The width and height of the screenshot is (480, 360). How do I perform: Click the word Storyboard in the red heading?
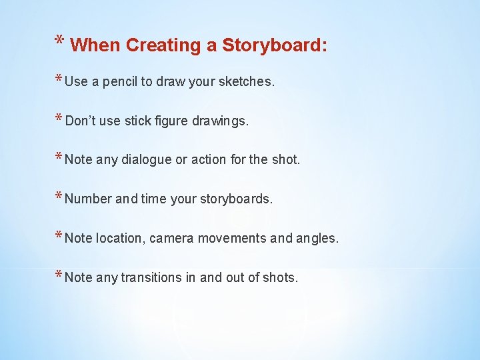[274, 45]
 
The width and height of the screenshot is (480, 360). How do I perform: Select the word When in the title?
[95, 45]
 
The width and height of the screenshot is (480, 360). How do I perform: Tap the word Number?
[89, 199]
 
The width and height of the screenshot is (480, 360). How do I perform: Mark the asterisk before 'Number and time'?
[59, 197]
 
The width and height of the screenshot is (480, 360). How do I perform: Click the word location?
[120, 238]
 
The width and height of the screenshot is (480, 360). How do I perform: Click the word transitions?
[153, 277]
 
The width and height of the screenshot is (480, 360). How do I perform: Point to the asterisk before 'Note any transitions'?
[59, 275]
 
